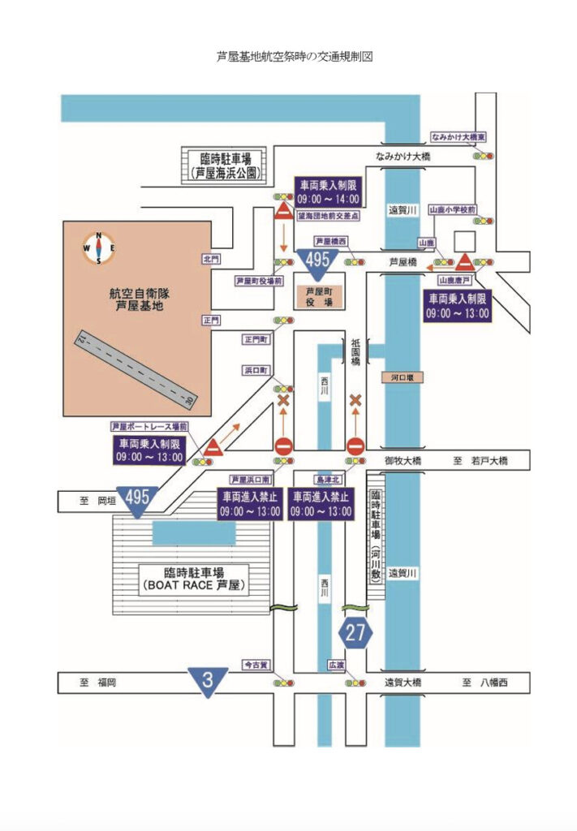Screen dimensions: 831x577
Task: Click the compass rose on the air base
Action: pyautogui.click(x=98, y=248)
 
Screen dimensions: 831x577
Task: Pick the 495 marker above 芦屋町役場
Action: pyautogui.click(x=317, y=261)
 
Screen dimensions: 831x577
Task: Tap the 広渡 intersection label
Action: pyautogui.click(x=336, y=665)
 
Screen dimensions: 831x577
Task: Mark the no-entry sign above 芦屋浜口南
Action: pyautogui.click(x=283, y=446)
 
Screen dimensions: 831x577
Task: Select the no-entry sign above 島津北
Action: pyautogui.click(x=355, y=446)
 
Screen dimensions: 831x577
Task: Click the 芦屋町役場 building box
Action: pyautogui.click(x=319, y=295)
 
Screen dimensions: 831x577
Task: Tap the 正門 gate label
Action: pyautogui.click(x=211, y=321)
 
